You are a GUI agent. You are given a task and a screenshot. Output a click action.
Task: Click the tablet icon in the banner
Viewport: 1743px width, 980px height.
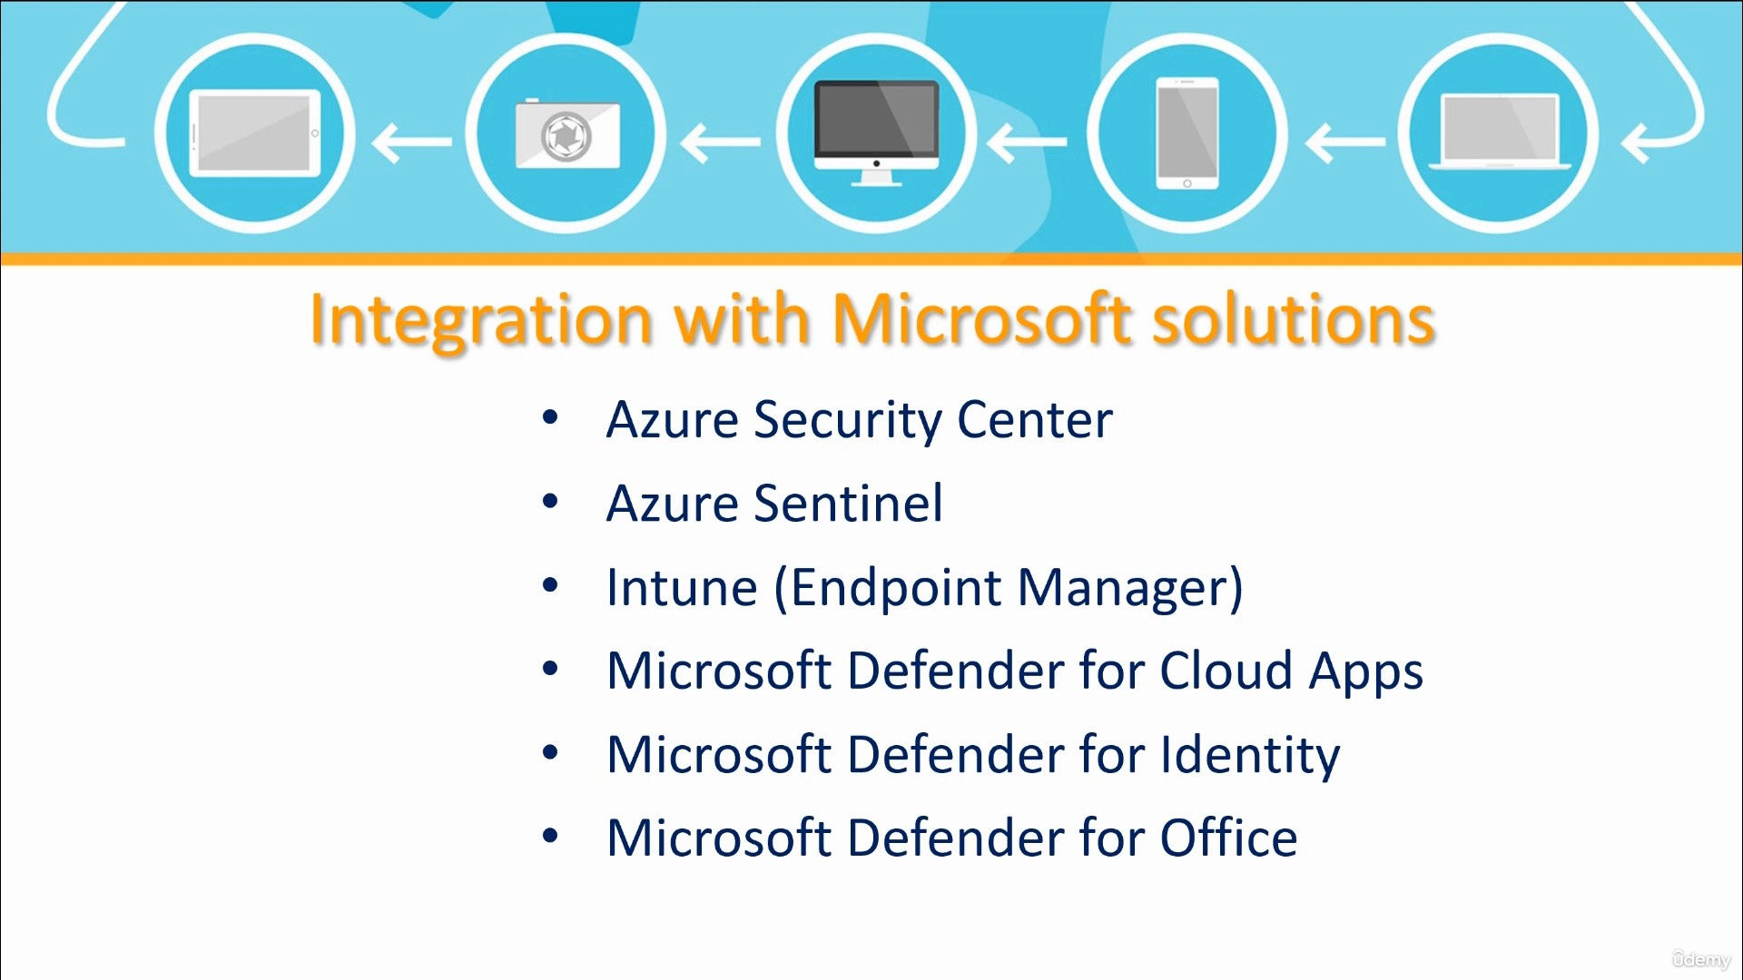(x=255, y=132)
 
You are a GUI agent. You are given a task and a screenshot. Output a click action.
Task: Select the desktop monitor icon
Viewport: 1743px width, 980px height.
(x=877, y=132)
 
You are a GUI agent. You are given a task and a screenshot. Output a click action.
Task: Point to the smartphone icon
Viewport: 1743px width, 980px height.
(x=1187, y=132)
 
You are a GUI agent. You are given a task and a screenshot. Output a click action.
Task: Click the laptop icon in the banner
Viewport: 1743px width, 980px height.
(x=1499, y=132)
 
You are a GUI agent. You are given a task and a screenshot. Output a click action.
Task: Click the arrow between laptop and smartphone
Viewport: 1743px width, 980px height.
(x=1344, y=142)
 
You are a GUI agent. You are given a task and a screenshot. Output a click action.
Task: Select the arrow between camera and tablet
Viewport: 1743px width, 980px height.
(x=411, y=142)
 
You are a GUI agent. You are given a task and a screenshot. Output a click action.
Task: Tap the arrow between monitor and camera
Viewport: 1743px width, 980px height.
(x=720, y=142)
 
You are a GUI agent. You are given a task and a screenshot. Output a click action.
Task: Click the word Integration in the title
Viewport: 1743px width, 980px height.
(x=481, y=320)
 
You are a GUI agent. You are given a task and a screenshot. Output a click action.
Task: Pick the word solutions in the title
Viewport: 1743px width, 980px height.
(x=1294, y=319)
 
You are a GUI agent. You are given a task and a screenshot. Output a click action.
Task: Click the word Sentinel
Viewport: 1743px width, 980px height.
(x=849, y=504)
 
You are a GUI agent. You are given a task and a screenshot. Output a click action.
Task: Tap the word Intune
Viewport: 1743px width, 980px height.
(x=682, y=587)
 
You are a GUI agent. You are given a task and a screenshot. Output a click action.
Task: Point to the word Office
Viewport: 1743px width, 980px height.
(x=1229, y=838)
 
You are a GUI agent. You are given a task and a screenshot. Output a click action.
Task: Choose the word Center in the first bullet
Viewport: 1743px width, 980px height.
(x=1035, y=420)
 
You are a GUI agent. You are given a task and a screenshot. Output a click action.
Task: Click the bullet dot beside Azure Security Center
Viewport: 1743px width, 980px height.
(x=550, y=417)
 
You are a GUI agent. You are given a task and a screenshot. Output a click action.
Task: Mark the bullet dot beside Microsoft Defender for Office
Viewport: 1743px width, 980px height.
(x=550, y=835)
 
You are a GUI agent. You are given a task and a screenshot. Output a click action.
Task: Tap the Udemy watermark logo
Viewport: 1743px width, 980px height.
(x=1701, y=959)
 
